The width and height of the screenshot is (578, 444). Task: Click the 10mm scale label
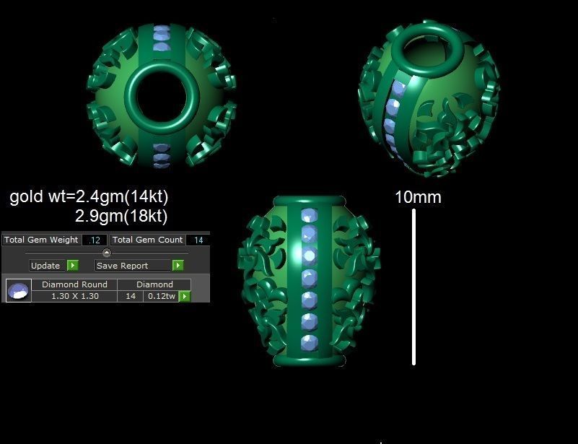pos(418,197)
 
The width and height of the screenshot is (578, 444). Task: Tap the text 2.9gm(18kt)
pos(121,216)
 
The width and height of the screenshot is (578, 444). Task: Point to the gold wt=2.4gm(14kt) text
pos(89,196)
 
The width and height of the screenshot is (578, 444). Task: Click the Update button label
pos(45,266)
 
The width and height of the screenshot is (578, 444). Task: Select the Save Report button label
pos(122,266)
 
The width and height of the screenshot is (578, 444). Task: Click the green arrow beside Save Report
pos(178,266)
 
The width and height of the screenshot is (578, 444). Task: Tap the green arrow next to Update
pos(72,266)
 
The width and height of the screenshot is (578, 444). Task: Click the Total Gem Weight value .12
pos(95,240)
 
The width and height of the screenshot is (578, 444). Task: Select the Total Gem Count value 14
pos(198,240)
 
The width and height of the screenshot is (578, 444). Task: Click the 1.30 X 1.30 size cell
pos(75,296)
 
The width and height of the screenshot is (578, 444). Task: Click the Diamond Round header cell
pos(74,284)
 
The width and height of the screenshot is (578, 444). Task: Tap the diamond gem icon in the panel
pos(18,290)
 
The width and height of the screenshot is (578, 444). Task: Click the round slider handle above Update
pos(107,253)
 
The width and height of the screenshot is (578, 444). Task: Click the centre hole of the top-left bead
pos(162,93)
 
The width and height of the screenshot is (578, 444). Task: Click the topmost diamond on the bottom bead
pos(310,216)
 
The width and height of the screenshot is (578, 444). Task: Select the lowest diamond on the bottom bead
pos(309,341)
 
